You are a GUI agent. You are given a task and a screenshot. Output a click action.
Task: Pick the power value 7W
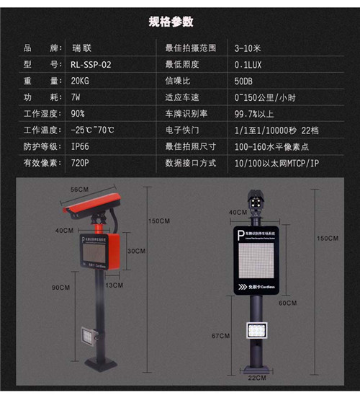point(76,97)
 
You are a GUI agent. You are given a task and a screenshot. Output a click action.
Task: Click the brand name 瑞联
point(81,47)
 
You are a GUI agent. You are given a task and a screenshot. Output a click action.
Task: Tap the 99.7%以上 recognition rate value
point(254,113)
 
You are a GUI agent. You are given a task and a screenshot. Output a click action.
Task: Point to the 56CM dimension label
point(78,190)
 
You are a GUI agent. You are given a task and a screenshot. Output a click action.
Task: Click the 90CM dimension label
point(61,288)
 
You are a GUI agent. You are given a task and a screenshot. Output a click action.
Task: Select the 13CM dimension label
point(114,285)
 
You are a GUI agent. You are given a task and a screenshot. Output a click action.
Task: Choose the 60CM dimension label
point(288,303)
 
